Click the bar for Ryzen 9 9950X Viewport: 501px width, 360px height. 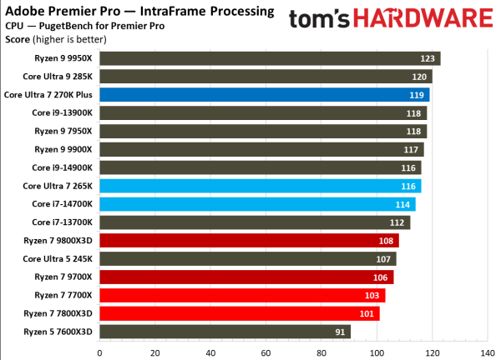point(270,58)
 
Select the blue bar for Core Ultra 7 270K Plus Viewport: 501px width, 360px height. point(264,95)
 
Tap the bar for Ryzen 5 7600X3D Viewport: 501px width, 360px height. point(225,332)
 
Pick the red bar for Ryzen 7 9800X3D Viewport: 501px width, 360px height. point(249,241)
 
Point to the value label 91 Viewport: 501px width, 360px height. point(340,332)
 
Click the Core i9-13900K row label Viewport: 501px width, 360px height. point(62,113)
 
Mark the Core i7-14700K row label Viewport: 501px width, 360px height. point(62,204)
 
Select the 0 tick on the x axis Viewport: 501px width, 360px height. point(100,352)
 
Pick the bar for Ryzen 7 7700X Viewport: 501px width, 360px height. point(242,295)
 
